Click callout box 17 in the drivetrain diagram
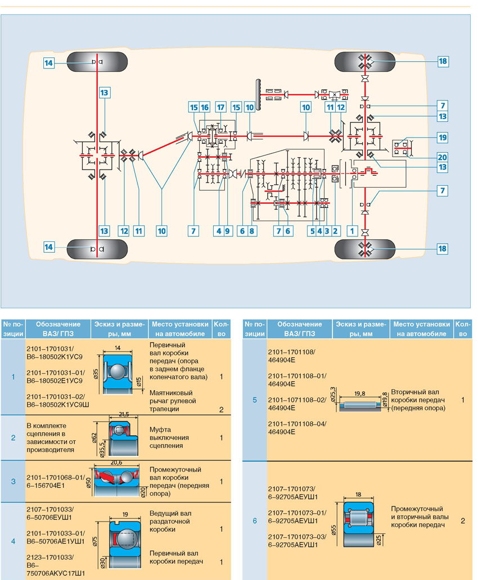pos(221,107)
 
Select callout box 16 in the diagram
pos(205,107)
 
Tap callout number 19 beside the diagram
pos(443,138)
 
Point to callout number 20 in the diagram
pos(443,157)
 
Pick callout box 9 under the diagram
pos(228,231)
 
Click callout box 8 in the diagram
pos(252,231)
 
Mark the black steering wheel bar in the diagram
pos(258,94)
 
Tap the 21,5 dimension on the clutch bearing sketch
pos(124,414)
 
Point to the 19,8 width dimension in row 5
pos(360,394)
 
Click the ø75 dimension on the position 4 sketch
pos(95,542)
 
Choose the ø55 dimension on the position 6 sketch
pos(334,531)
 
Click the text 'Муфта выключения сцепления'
pos(169,437)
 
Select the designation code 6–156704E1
pos(46,485)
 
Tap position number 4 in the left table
pos(13,541)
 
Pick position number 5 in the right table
pos(255,400)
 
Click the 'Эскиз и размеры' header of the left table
pos(119,329)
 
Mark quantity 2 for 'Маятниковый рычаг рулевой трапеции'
pos(221,409)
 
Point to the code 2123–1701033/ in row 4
pos(50,557)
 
